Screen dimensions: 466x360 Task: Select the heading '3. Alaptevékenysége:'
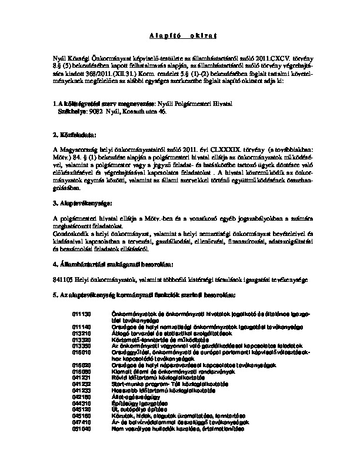click(83, 203)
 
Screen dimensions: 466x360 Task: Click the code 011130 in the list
click(82, 315)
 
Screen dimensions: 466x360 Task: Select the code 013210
click(82, 332)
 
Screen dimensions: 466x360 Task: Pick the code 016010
click(82, 352)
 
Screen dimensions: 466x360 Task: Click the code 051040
click(82, 430)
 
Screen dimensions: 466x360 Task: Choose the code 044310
click(82, 403)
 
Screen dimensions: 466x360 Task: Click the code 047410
click(82, 423)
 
